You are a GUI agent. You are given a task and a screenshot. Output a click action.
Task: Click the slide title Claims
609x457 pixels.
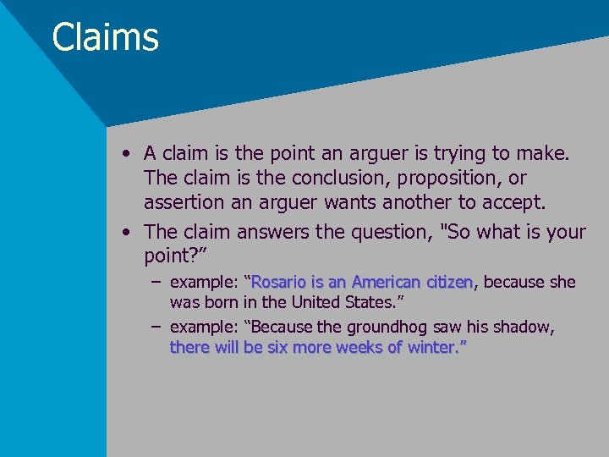[x=105, y=38]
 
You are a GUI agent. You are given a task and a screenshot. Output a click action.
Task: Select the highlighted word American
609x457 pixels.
[x=387, y=282]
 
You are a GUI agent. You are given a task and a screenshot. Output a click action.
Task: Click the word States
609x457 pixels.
[x=364, y=302]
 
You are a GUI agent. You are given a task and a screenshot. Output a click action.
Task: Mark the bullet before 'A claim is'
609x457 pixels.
[x=125, y=154]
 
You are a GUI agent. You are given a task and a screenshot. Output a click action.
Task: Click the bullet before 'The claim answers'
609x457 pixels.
[x=125, y=232]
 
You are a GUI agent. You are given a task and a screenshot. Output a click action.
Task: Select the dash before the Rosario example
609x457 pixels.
[x=156, y=282]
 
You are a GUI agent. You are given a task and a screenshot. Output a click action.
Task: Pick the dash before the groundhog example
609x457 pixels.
[x=156, y=327]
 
